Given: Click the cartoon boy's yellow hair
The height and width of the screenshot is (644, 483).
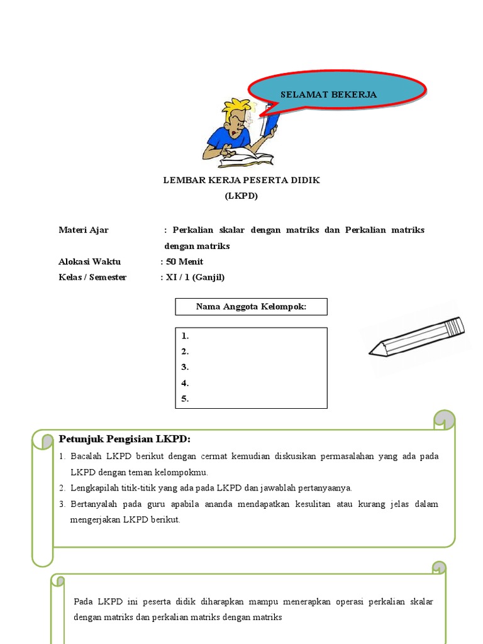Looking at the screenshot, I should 236,106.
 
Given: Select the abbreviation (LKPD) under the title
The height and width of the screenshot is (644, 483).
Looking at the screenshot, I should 241,196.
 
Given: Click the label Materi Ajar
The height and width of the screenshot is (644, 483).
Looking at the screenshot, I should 84,230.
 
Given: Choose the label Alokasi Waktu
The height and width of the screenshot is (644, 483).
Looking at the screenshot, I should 90,262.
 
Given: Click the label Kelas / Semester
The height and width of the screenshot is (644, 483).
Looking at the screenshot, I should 92,277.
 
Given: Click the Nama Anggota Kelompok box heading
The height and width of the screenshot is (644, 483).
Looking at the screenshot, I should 251,307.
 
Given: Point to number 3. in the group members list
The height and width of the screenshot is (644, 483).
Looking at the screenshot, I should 186,367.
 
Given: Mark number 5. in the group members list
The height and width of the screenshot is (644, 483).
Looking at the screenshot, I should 186,399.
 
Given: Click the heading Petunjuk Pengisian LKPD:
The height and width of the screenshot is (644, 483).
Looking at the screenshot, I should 125,438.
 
